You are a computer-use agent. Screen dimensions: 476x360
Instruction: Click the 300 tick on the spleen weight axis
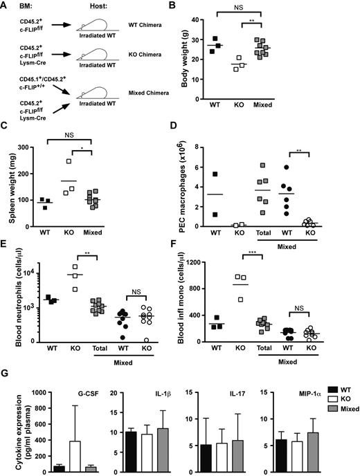coord(35,148)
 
